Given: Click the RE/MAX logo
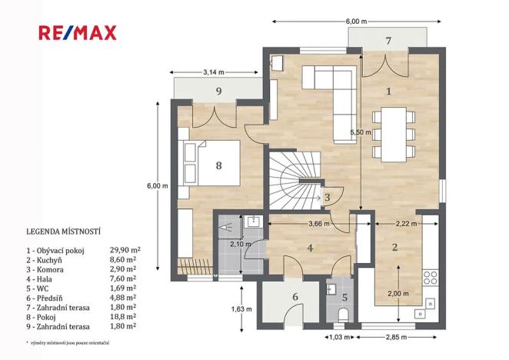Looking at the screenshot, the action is [x=77, y=33].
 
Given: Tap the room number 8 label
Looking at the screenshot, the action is [x=219, y=165].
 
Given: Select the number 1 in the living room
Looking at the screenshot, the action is [x=388, y=92].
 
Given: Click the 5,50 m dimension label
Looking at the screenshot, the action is [x=361, y=132].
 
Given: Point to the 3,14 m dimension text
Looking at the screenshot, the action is [x=214, y=72].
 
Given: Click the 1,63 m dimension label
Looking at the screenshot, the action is [x=241, y=309].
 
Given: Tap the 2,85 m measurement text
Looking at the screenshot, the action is [x=396, y=337].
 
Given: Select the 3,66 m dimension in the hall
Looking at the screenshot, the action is [x=319, y=224].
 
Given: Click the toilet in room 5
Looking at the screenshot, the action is [x=343, y=315].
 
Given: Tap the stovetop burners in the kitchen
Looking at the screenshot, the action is [x=431, y=278].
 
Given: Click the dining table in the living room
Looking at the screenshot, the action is [x=394, y=135].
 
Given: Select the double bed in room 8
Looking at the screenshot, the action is [x=212, y=163].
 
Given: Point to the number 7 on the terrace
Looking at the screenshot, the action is [x=388, y=41].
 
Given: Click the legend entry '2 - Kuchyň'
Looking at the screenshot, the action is [x=44, y=260].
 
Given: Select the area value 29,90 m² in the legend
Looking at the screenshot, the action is [x=125, y=250].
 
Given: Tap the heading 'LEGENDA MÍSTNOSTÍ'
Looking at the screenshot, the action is [x=63, y=232].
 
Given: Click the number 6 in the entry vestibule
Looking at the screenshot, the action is [x=295, y=297].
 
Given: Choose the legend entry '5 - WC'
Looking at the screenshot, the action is [x=38, y=288].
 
